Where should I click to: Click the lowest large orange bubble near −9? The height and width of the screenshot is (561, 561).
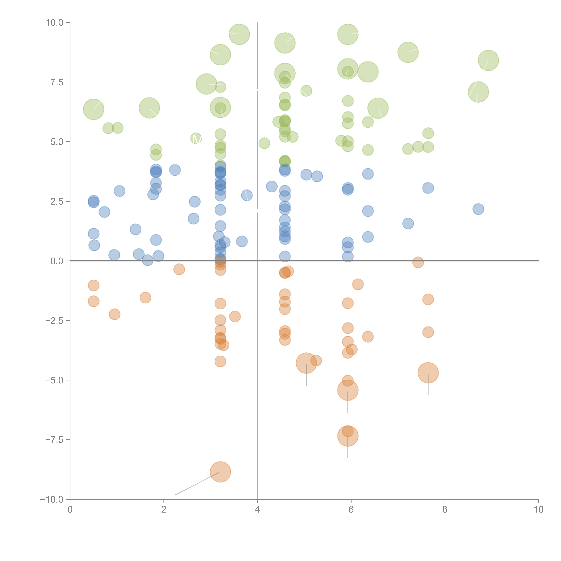[x=220, y=472]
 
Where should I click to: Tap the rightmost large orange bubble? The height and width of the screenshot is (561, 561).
[x=428, y=373]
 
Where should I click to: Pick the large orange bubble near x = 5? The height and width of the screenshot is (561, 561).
[x=306, y=363]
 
